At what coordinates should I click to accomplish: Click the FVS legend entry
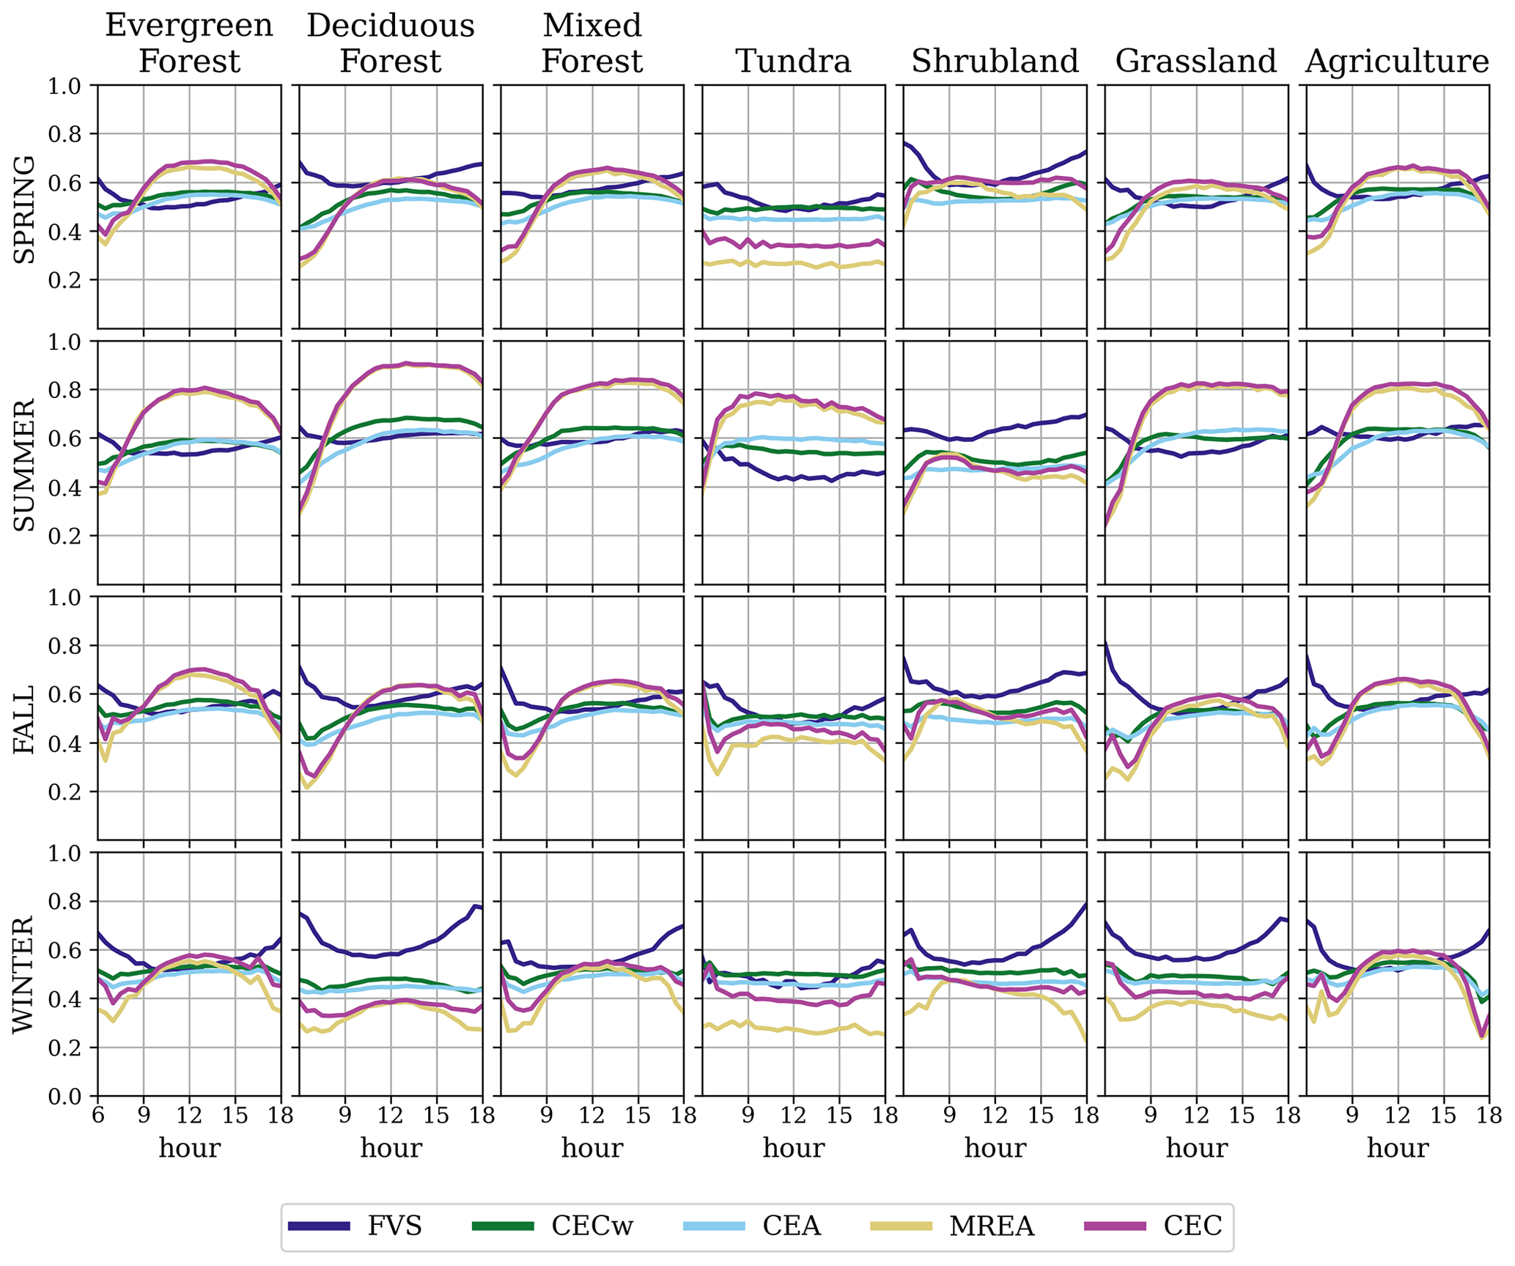pyautogui.click(x=355, y=1225)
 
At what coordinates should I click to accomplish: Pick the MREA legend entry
pyautogui.click(x=952, y=1225)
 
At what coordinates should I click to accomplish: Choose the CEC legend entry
pyautogui.click(x=1159, y=1225)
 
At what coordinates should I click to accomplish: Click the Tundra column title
pyautogui.click(x=793, y=61)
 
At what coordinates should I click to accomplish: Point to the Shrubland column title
pyautogui.click(x=995, y=61)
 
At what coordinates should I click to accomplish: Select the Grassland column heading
pyautogui.click(x=1195, y=61)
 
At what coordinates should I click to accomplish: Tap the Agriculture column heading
pyautogui.click(x=1397, y=61)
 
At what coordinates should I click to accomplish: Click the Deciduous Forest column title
pyautogui.click(x=391, y=43)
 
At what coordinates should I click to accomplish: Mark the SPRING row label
pyautogui.click(x=25, y=208)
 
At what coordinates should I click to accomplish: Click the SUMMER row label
pyautogui.click(x=25, y=464)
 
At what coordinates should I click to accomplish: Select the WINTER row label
pyautogui.click(x=25, y=974)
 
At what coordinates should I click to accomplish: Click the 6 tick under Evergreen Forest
pyautogui.click(x=97, y=1116)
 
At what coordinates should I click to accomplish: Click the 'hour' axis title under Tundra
pyautogui.click(x=793, y=1147)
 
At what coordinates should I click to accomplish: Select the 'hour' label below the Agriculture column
pyautogui.click(x=1397, y=1147)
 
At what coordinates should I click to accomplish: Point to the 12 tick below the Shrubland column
pyautogui.click(x=995, y=1116)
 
